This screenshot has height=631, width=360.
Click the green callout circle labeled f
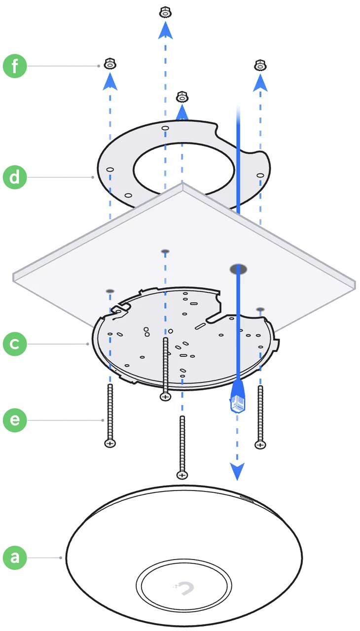[x=15, y=66]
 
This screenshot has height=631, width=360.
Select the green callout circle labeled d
[x=15, y=176]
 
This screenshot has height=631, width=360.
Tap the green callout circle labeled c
[x=15, y=344]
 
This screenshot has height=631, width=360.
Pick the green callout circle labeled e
[x=15, y=420]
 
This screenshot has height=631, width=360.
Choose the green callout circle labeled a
[x=15, y=558]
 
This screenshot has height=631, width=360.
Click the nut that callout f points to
[x=110, y=64]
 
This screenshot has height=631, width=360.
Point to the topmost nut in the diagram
[x=165, y=12]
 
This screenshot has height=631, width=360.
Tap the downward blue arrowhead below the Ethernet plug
[x=238, y=471]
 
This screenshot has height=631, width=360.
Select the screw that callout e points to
[x=110, y=414]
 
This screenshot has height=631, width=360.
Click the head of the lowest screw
[x=182, y=475]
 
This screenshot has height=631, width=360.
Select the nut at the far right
[x=260, y=65]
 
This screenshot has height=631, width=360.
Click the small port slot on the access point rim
[x=246, y=498]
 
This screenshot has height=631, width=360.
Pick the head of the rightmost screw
[x=260, y=445]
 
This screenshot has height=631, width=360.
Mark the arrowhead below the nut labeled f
[x=110, y=82]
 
